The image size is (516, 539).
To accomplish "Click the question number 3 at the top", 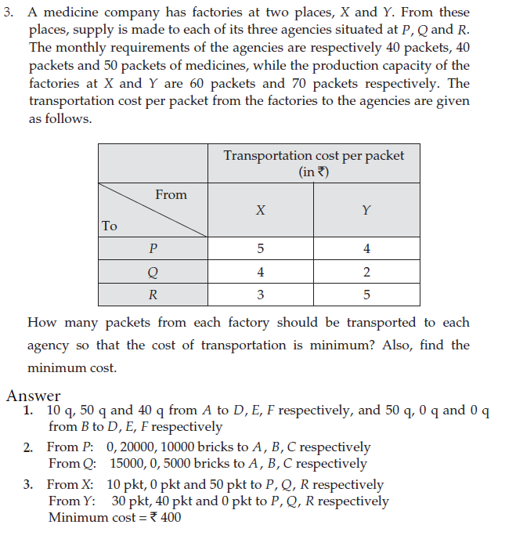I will click(8, 13).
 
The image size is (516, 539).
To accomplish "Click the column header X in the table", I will click(260, 210).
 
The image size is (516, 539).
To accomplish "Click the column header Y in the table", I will click(366, 210).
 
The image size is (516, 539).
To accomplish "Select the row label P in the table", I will click(153, 249).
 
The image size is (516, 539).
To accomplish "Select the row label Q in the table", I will click(153, 272).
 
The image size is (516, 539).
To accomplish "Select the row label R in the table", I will click(153, 295).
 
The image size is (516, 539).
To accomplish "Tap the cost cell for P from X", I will click(260, 249).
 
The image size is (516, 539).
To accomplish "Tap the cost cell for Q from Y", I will click(366, 272).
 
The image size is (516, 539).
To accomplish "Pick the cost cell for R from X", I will click(260, 295).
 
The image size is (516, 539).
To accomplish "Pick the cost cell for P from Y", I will click(366, 249).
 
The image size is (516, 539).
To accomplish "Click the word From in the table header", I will click(171, 194).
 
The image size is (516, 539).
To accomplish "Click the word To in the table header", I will click(110, 226).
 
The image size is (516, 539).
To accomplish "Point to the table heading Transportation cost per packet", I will click(313, 155).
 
